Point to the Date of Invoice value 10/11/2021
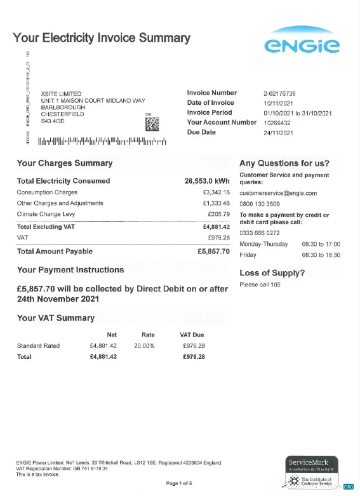278,103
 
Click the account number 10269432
277,123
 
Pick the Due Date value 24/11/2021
278,133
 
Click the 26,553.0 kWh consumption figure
207,181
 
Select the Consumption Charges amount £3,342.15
216,192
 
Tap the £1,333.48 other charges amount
216,203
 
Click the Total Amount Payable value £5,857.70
213,251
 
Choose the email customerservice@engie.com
278,193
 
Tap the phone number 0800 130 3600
260,204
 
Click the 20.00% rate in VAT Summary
143,346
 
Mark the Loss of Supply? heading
272,273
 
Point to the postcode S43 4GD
52,121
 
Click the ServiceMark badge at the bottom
312,471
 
